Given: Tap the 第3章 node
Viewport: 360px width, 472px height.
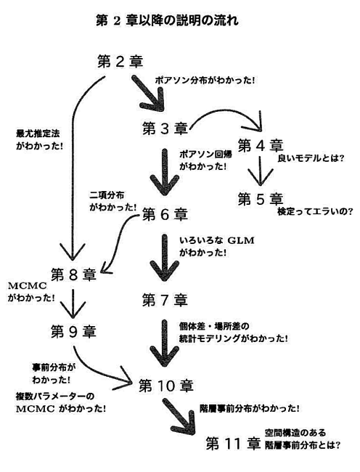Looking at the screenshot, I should tap(165, 129).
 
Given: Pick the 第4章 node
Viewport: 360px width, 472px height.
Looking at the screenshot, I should tap(260, 144).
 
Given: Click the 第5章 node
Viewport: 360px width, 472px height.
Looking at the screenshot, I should tap(260, 198).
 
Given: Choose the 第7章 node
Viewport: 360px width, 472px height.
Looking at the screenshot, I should tap(165, 299).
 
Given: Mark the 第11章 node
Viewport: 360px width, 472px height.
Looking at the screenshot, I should tap(233, 442).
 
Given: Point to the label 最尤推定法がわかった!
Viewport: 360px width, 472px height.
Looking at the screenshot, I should tap(38, 139).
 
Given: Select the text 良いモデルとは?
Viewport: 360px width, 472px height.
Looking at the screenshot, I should tap(310, 158).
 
